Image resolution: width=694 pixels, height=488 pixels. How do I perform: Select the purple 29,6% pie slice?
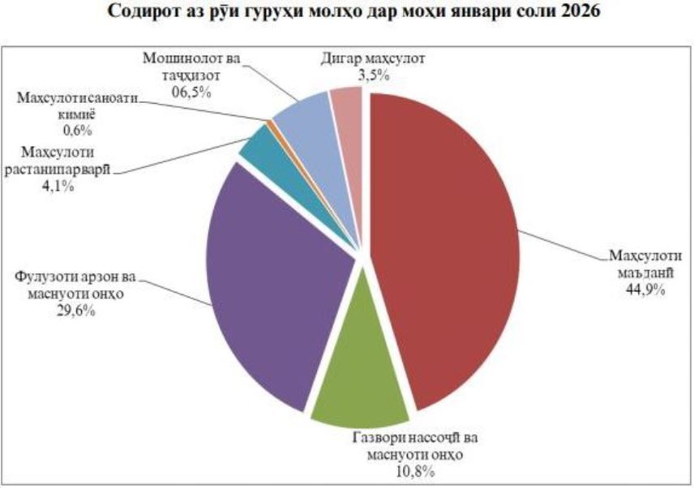coord(268,284)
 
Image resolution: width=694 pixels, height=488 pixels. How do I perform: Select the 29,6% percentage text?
coord(69,309)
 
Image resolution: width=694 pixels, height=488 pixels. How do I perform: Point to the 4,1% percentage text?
coord(60,185)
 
